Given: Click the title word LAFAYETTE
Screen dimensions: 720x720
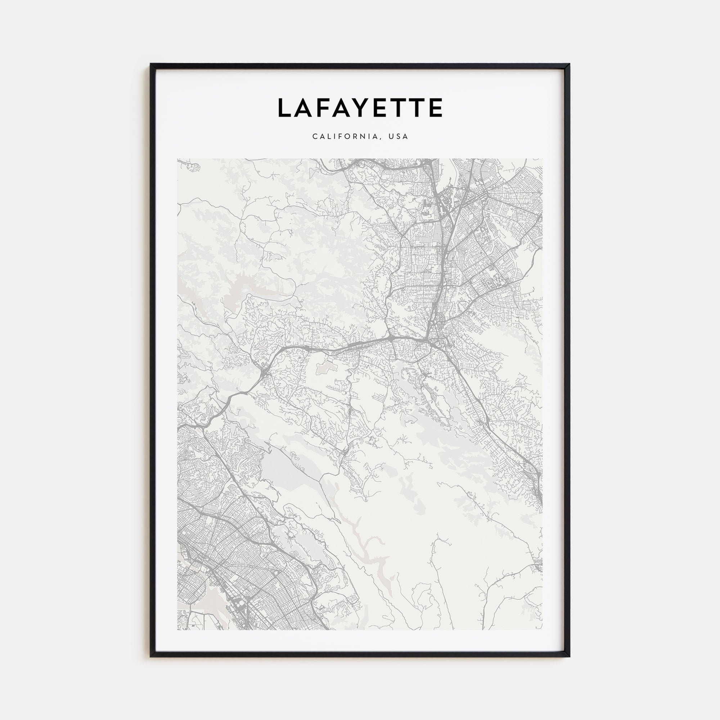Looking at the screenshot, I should coord(360,108).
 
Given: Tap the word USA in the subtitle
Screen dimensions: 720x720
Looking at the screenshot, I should coord(399,136).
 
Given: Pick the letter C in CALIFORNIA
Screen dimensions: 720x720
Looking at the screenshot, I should coord(315,136).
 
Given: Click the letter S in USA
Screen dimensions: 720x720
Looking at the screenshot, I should coord(399,136).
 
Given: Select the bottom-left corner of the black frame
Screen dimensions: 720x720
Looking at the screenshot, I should coord(151,656).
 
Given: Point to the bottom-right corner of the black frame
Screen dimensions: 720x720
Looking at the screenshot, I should coord(569,656).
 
